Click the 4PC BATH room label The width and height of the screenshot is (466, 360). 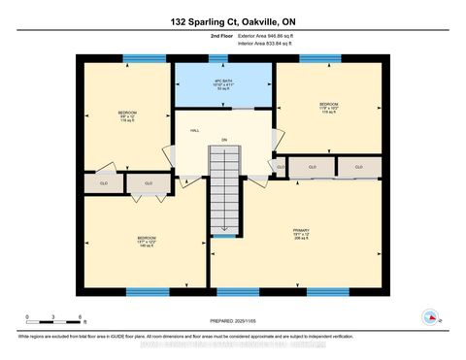pyautogui.click(x=225, y=81)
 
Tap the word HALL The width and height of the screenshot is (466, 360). pyautogui.click(x=194, y=130)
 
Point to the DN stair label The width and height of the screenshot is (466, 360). pyautogui.click(x=224, y=139)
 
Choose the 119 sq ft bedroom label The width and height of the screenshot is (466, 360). pyautogui.click(x=328, y=107)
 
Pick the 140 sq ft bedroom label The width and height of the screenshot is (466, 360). pyautogui.click(x=147, y=241)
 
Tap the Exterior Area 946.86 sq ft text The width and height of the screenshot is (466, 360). pyautogui.click(x=267, y=36)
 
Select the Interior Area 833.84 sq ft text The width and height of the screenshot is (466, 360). pyautogui.click(x=267, y=45)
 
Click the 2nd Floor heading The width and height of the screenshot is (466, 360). pyautogui.click(x=195, y=36)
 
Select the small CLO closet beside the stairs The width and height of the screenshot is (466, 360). pyautogui.click(x=281, y=167)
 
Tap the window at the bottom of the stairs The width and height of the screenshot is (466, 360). pyautogui.click(x=224, y=237)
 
